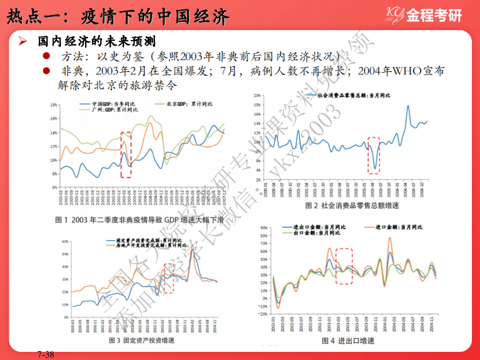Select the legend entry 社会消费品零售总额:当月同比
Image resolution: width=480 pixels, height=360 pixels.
coord(354,96)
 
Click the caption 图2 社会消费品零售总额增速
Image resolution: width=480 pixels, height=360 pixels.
coord(352,205)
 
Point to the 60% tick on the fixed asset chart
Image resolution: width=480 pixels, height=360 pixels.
coord(65,242)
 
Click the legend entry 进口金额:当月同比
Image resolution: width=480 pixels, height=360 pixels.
coord(397,226)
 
